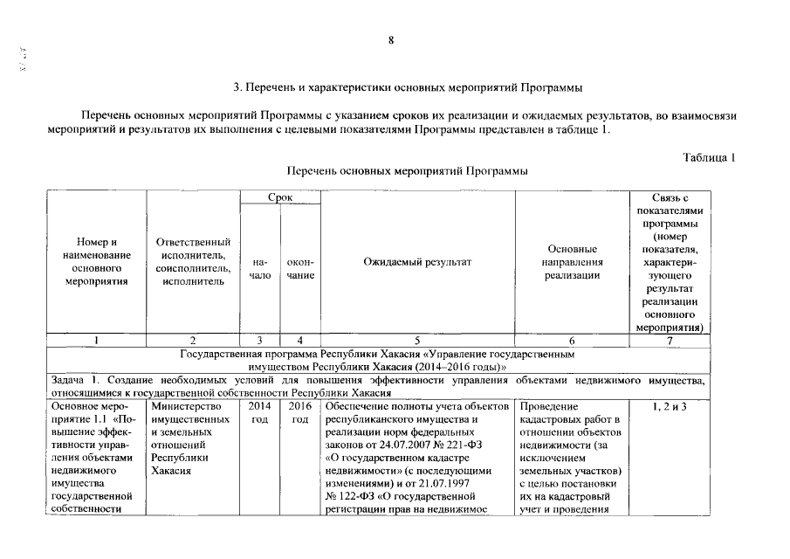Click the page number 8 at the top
392,40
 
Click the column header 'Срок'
280,198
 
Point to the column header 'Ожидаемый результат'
417,261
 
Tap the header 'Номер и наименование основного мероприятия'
96,261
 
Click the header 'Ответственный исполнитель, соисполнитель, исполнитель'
193,261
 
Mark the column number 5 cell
417,341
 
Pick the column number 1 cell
96,341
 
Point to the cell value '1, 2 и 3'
670,406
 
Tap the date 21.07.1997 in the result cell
474,483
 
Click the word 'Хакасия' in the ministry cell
171,470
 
